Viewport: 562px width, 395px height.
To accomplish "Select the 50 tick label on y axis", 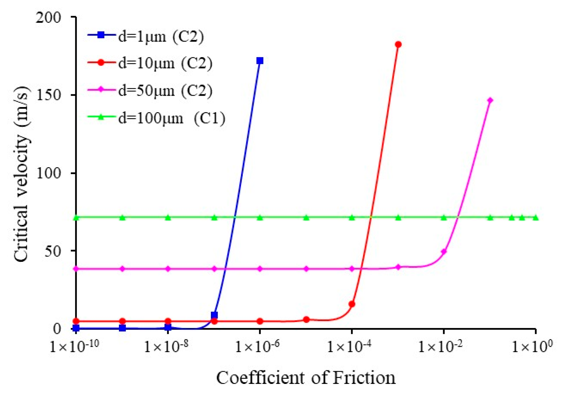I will point(53,251).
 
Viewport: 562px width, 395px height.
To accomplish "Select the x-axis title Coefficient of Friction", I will point(306,378).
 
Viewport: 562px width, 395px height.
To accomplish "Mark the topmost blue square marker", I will point(260,61).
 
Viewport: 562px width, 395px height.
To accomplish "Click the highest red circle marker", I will point(398,44).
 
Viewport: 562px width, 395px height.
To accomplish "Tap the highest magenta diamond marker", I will point(490,100).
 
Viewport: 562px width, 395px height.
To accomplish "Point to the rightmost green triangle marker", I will point(536,218).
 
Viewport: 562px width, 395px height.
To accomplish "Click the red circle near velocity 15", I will point(352,304).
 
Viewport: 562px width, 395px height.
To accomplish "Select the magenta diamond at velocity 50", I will point(444,252).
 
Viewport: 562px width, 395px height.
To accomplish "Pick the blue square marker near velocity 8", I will point(214,315).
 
